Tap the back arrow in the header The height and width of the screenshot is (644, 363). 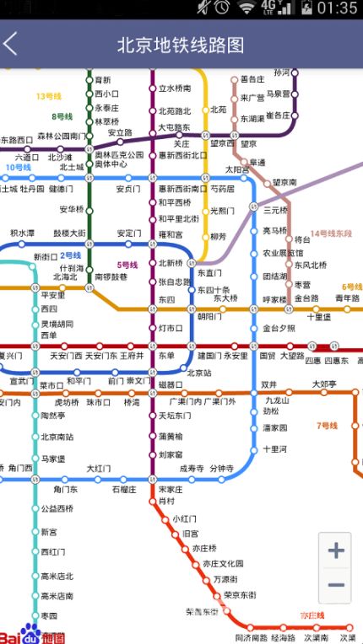coord(11,44)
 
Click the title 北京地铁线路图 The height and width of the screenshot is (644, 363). coord(181,44)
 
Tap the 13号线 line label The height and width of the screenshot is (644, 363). coord(49,96)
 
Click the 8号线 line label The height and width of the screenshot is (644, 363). coord(62,117)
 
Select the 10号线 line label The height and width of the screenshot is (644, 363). coord(18,168)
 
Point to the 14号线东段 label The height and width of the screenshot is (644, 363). coord(331,233)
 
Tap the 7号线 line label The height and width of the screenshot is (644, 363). coord(327,426)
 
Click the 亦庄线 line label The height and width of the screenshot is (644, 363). coord(312,616)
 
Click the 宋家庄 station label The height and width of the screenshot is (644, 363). coord(171,489)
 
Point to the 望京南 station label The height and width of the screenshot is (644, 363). coord(284,182)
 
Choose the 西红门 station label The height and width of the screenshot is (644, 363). coord(53,552)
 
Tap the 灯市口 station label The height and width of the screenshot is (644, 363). coord(171,328)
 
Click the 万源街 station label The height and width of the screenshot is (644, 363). coord(225,579)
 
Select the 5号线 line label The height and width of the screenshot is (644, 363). coord(127,266)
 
